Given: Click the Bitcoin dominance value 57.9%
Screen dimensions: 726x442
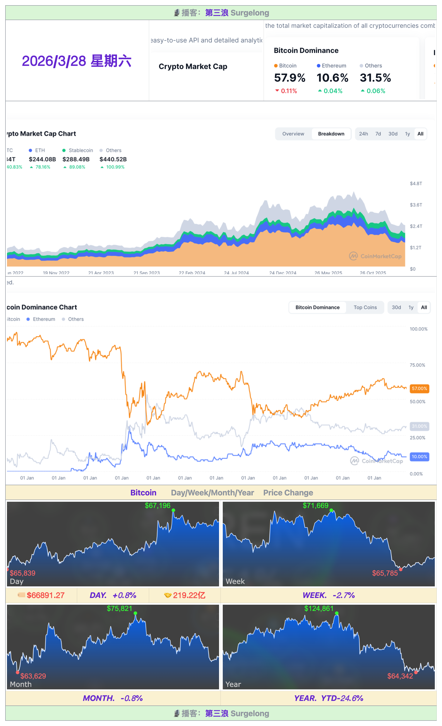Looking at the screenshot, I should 289,78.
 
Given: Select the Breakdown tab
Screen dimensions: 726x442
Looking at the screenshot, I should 331,134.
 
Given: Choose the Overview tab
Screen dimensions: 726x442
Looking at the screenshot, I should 293,134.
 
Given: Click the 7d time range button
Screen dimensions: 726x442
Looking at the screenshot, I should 378,134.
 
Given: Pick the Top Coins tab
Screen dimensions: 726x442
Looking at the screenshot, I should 365,307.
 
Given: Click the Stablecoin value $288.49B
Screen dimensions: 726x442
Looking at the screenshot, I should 76,159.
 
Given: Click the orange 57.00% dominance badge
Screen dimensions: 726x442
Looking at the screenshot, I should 419,388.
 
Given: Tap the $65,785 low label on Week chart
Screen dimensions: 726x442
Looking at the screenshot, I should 385,573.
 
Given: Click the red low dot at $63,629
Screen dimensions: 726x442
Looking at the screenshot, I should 18,672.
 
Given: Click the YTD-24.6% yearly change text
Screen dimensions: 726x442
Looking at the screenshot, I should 342,698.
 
